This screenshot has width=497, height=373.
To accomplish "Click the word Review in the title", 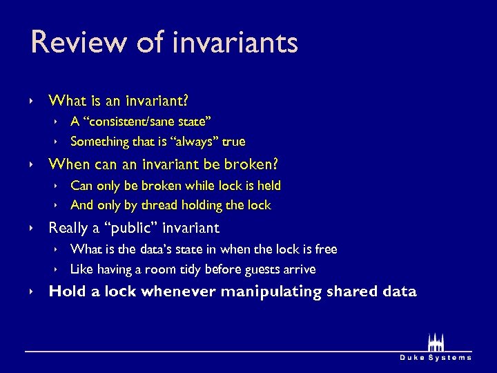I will (x=69, y=43).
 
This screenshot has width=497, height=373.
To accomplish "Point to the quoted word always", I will (x=197, y=142).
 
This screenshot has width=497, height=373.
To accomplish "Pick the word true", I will (x=233, y=142).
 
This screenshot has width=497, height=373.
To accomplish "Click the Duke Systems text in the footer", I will (x=436, y=357).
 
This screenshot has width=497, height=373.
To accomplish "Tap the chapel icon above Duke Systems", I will (x=436, y=342).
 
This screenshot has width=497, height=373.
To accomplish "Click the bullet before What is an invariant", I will (x=32, y=102).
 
